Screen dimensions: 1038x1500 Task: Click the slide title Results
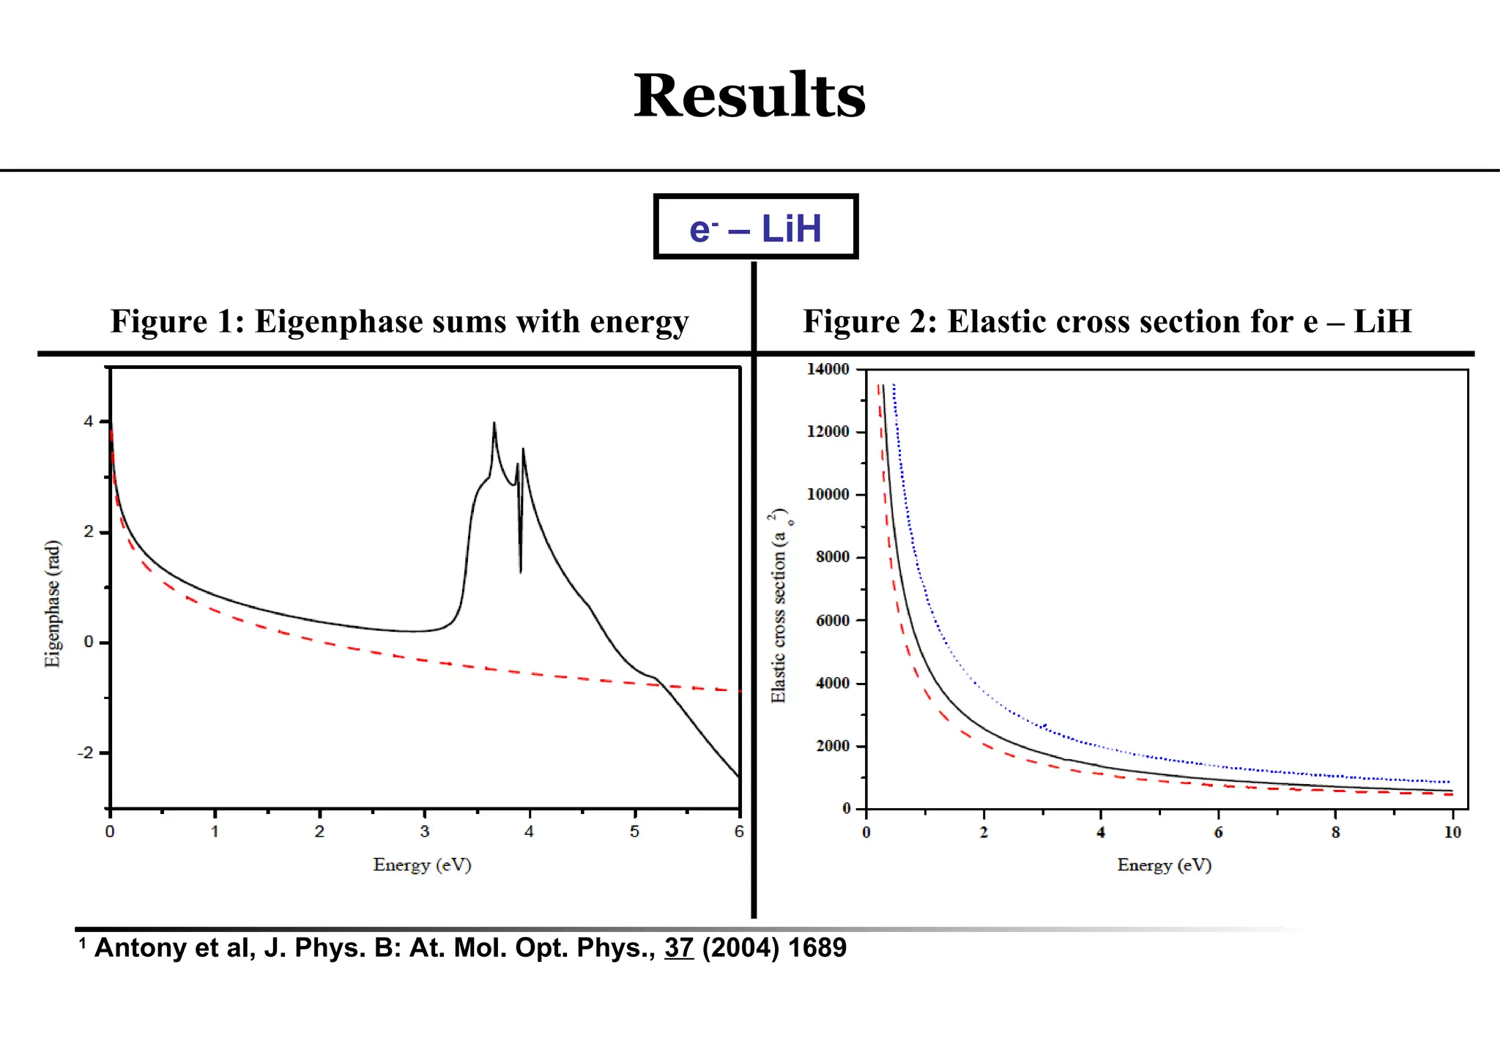pos(749,96)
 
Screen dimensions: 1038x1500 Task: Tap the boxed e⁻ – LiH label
pos(755,228)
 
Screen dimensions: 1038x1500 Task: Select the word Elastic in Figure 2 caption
pos(993,322)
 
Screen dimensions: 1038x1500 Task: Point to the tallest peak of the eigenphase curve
pos(494,424)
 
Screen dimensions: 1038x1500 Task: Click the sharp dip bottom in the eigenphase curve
pos(521,572)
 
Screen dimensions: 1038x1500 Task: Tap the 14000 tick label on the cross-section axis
pos(828,369)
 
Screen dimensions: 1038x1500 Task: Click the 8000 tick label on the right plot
pos(832,557)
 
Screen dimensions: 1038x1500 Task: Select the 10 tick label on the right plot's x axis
pos(1452,832)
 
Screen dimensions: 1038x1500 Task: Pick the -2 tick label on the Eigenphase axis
pos(86,753)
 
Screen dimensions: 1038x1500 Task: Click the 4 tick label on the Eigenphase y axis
pos(89,422)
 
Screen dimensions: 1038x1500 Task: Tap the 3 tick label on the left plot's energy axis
pos(425,832)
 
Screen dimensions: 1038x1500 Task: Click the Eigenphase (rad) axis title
pos(52,604)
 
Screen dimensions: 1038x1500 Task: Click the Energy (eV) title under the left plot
pos(422,865)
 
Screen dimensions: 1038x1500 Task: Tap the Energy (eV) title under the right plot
pos(1164,865)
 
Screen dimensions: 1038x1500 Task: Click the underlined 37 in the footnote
pos(679,948)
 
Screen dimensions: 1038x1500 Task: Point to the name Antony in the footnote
pos(137,948)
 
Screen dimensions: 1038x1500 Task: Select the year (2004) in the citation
pos(740,948)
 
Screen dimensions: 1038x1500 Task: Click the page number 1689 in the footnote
pos(817,948)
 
